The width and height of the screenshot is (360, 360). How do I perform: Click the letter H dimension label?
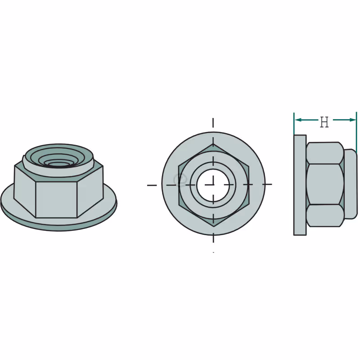[x=324, y=122]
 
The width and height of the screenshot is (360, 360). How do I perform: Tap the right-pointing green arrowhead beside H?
[x=352, y=120]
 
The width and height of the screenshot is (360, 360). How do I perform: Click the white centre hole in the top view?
[x=213, y=185]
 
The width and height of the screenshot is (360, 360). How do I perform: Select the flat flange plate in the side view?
[x=300, y=185]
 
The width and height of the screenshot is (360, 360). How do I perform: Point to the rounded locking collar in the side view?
[x=351, y=184]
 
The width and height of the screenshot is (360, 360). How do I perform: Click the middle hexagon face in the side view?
[x=325, y=184]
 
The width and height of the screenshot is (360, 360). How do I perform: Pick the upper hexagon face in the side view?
[x=325, y=153]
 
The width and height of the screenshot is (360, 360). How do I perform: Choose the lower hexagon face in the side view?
[x=325, y=216]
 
